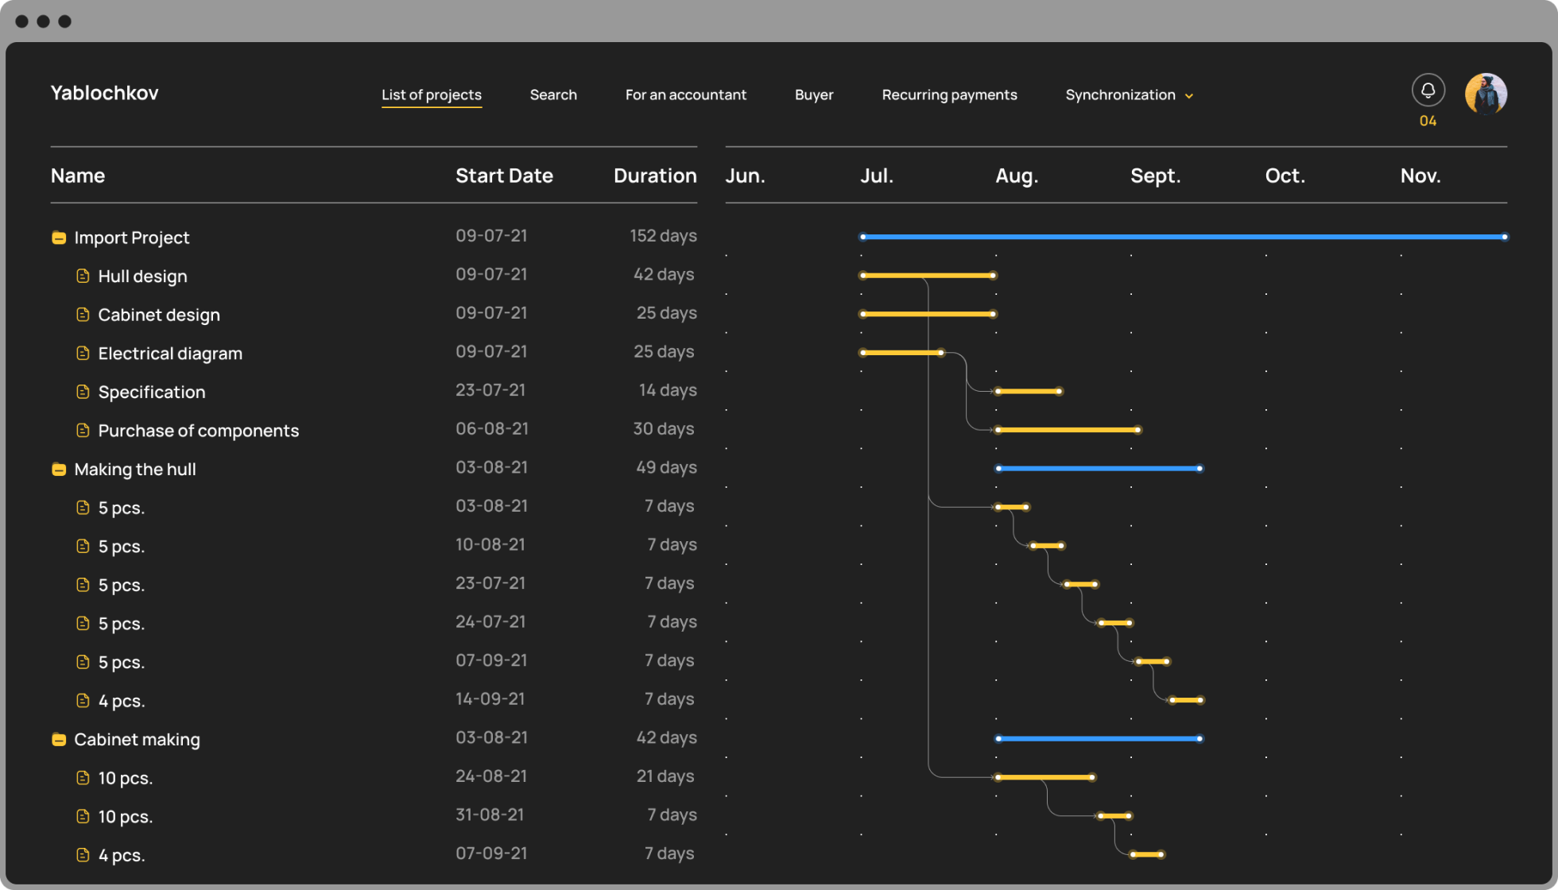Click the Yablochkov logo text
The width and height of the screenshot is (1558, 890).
tap(104, 93)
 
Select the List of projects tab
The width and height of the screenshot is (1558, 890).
tap(432, 95)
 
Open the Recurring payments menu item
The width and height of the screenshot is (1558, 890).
tap(949, 95)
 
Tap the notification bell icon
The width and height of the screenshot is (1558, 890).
tap(1428, 90)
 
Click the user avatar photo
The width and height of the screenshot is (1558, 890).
tap(1486, 95)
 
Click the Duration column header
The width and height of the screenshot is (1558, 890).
tap(655, 176)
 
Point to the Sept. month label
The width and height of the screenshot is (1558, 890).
tap(1155, 176)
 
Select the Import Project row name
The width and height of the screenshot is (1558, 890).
tap(132, 238)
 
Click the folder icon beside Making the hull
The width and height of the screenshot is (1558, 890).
tap(59, 470)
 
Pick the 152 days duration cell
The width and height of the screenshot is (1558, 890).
tap(663, 236)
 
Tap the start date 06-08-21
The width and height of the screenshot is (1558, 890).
tap(492, 429)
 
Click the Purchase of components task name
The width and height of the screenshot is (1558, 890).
tap(199, 431)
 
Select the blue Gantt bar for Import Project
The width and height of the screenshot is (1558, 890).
tap(1184, 237)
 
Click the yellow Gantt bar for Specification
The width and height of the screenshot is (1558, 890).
tap(1029, 391)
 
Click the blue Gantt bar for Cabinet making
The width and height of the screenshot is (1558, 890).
tap(1099, 739)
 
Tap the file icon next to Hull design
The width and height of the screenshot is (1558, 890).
tap(83, 276)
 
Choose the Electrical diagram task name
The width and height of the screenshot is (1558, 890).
tap(170, 354)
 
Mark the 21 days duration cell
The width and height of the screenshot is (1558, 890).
tap(665, 776)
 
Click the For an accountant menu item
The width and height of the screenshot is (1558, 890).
tap(686, 95)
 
